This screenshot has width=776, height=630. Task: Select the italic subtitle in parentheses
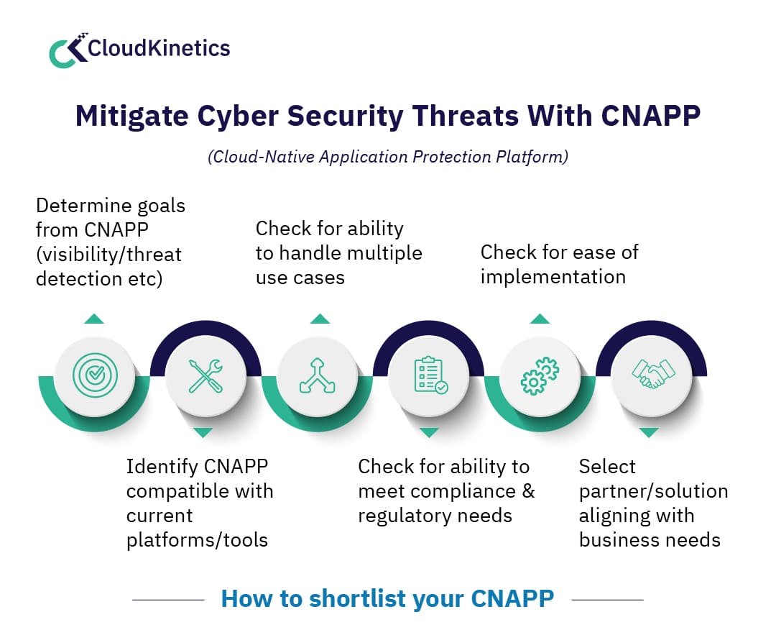[x=388, y=157]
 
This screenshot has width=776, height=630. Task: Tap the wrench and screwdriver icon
[x=205, y=375]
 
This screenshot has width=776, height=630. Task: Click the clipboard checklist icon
[x=429, y=375]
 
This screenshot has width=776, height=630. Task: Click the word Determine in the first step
[x=79, y=206]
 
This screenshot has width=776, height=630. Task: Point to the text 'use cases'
[x=300, y=277]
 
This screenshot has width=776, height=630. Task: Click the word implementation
[x=553, y=277]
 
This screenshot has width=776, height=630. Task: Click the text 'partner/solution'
[x=653, y=491]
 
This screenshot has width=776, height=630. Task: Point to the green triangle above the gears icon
[x=540, y=319]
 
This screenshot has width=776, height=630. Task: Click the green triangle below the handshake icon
[x=649, y=433]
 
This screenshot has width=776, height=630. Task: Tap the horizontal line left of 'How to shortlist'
[x=169, y=599]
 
